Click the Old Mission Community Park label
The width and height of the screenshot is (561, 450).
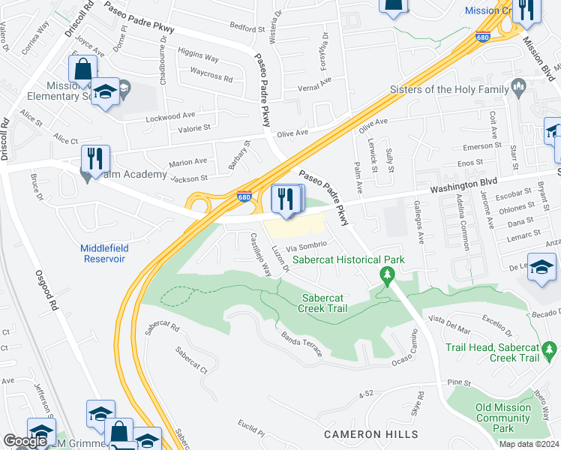click(x=502, y=418)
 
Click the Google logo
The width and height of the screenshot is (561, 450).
click(x=25, y=441)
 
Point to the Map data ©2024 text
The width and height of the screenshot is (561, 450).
click(x=529, y=444)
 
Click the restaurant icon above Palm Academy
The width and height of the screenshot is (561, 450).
click(x=95, y=157)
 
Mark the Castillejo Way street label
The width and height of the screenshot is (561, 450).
click(x=260, y=254)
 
